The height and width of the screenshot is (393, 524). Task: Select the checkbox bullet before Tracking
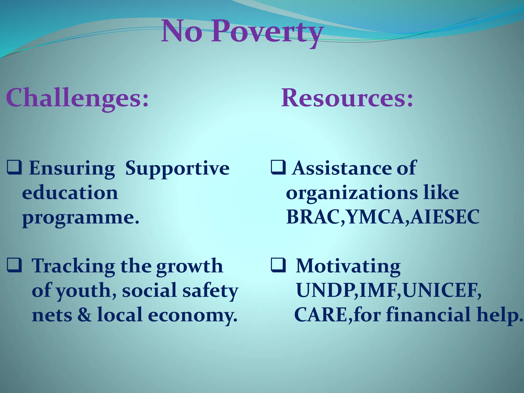pyautogui.click(x=14, y=265)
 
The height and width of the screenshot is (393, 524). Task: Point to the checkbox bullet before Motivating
pyautogui.click(x=278, y=265)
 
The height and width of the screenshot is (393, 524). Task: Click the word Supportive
pyautogui.click(x=177, y=169)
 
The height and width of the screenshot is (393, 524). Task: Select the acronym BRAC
pyautogui.click(x=314, y=217)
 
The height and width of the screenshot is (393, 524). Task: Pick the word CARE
pyautogui.click(x=321, y=315)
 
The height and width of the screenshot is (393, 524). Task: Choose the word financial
pyautogui.click(x=428, y=315)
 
